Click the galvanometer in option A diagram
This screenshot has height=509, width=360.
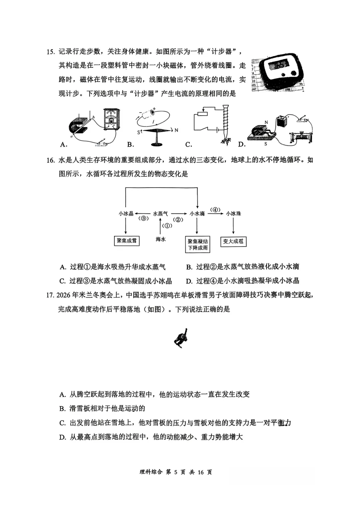click(x=111, y=119)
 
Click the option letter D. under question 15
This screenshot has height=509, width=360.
click(x=242, y=144)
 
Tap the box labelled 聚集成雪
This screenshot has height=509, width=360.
click(x=127, y=241)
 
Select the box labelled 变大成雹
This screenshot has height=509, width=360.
click(x=233, y=241)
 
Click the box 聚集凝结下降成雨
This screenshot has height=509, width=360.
click(x=198, y=244)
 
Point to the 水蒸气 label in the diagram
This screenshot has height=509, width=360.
click(x=160, y=214)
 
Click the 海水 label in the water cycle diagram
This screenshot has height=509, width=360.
click(x=161, y=239)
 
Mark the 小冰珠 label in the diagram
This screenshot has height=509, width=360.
click(x=233, y=214)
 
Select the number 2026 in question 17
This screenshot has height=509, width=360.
click(x=63, y=295)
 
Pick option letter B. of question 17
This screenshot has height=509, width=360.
click(x=62, y=409)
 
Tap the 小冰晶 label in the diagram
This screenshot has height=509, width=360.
click(x=126, y=214)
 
